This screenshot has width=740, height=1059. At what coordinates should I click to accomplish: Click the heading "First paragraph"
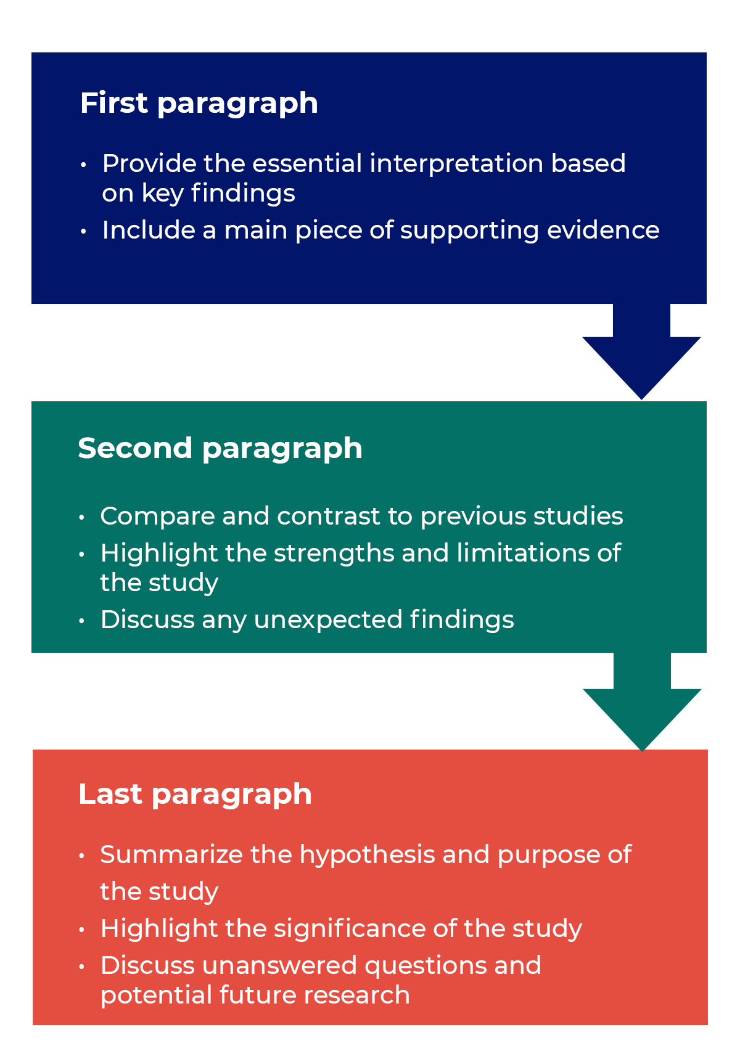tap(199, 103)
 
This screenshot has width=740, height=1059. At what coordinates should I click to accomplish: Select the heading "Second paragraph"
tap(220, 448)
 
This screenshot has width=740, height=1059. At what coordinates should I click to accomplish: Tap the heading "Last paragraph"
tap(195, 794)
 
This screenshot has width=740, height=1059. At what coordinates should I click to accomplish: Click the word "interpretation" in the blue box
tap(456, 164)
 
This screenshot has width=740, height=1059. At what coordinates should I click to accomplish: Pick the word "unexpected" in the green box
tap(328, 620)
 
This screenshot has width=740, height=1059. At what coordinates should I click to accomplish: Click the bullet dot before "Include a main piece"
tap(83, 231)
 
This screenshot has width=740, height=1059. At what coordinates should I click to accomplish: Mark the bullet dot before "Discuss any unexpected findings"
tap(81, 621)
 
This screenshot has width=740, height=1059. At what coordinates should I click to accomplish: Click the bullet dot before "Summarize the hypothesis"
tap(81, 856)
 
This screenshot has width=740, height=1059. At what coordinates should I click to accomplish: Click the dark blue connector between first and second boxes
tap(641, 352)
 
